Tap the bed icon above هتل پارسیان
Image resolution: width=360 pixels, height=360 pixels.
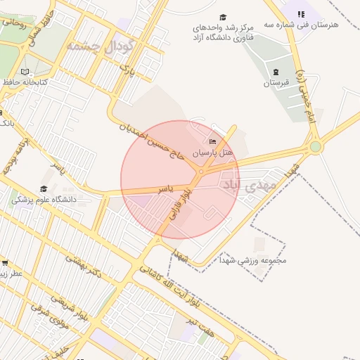(x=213, y=142)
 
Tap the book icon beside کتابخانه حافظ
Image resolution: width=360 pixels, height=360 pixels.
(x=25, y=72)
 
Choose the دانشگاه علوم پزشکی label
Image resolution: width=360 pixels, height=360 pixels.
(x=44, y=199)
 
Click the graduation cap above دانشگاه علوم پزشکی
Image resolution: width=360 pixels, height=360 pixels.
(x=44, y=188)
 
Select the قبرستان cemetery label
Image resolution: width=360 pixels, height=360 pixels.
(x=276, y=83)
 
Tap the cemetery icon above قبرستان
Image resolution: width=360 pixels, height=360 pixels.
(x=275, y=72)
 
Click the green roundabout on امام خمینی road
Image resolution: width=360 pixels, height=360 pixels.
(x=315, y=146)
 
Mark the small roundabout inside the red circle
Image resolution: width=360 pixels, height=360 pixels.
(x=202, y=172)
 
